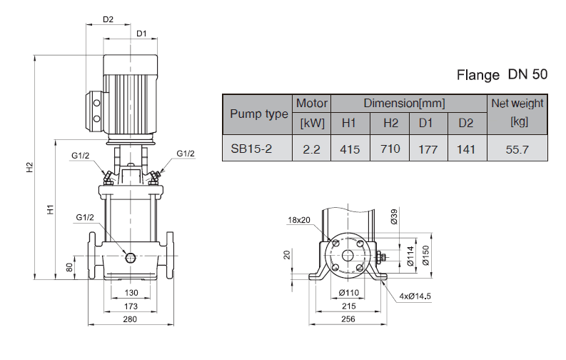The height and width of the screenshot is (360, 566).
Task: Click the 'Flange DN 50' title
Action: point(502,75)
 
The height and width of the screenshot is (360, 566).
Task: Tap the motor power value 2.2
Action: point(312,149)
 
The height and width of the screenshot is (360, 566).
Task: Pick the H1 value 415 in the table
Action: point(349,149)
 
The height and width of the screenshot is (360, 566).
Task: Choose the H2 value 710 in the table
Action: point(390,149)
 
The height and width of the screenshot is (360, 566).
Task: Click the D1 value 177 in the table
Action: point(426,149)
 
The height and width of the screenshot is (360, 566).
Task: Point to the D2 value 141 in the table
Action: point(466,149)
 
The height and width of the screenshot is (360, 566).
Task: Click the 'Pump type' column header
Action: point(258,114)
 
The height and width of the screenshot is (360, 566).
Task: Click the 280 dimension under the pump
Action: point(129,319)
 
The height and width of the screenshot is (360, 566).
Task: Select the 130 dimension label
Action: point(131,294)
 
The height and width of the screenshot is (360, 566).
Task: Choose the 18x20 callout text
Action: point(300,219)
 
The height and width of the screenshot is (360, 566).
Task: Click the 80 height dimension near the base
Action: point(69,268)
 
